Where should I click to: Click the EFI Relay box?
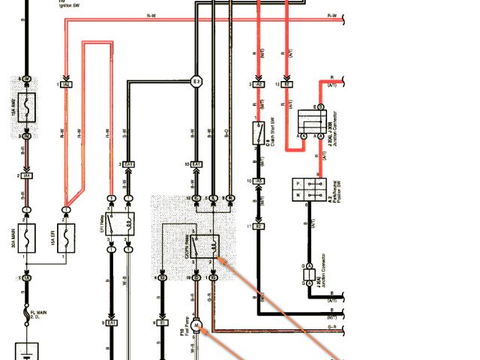[119, 223]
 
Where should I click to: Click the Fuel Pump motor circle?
[197, 325]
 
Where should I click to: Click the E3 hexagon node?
[197, 82]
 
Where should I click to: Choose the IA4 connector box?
[26, 176]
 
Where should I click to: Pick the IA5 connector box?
[258, 181]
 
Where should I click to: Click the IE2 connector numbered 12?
[288, 85]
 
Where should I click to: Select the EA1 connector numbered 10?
[197, 164]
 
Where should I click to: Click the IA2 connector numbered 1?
[67, 85]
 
